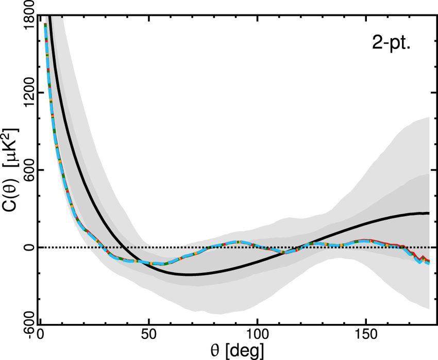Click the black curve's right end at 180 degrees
click(429, 213)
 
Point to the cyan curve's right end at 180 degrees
click(429, 263)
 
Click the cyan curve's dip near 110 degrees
click(281, 253)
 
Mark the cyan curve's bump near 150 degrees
click(365, 241)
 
